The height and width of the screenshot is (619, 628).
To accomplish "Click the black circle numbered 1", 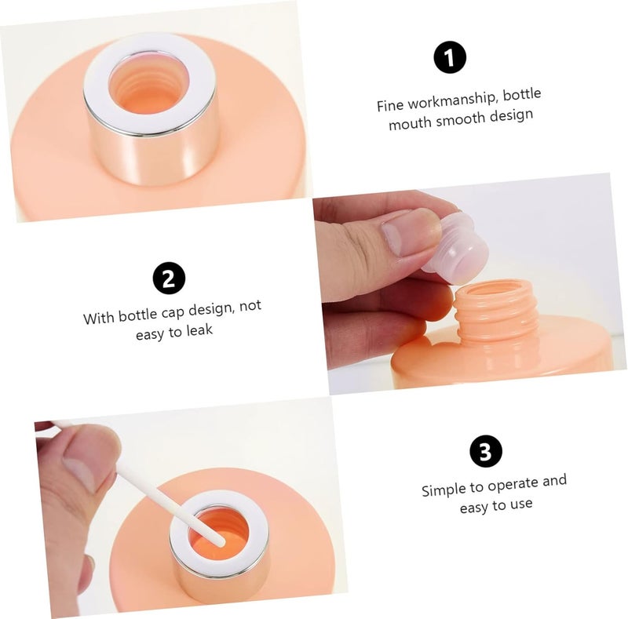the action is coord(450,57).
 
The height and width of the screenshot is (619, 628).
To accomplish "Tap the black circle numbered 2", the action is coord(169,279).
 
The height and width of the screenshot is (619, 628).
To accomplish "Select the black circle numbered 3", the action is coord(485,451).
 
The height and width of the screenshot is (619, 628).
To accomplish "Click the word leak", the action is coord(199,330).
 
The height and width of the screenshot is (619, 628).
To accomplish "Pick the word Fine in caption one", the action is coord(389,105).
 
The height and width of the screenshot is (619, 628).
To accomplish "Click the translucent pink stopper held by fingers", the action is coord(456,242).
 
